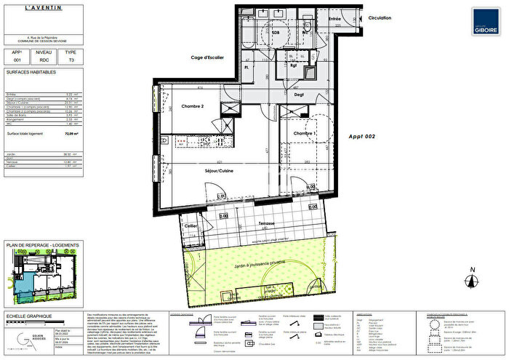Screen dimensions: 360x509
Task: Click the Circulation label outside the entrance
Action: (x=379, y=17)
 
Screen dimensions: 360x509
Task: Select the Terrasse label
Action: (x=267, y=223)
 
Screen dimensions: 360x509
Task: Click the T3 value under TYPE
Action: (x=70, y=62)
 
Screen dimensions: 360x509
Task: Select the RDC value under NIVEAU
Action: (x=44, y=62)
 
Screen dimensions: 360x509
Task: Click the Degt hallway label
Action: (x=298, y=95)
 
